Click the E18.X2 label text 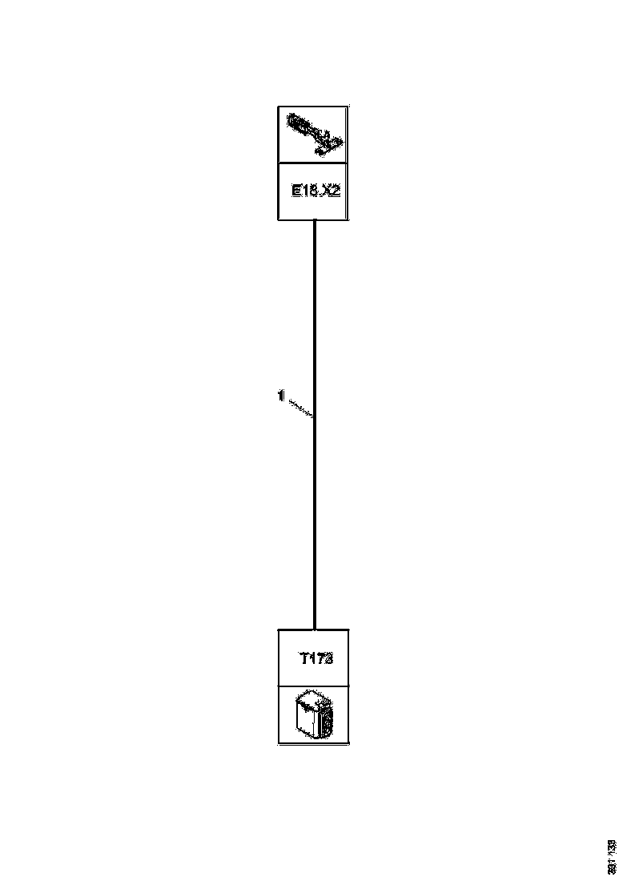click(x=316, y=192)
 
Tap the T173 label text click(x=316, y=659)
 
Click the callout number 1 click(x=280, y=395)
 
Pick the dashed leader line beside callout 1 click(x=299, y=407)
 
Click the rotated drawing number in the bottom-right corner click(x=611, y=855)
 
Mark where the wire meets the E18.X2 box click(x=314, y=221)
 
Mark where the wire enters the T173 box click(x=314, y=629)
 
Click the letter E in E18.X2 click(x=295, y=192)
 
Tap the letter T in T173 click(x=304, y=659)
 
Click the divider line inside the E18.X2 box click(x=313, y=163)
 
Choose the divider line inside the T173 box click(x=313, y=686)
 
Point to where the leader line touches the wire click(x=313, y=417)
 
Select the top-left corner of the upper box click(x=278, y=106)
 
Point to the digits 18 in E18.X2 click(x=310, y=192)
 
